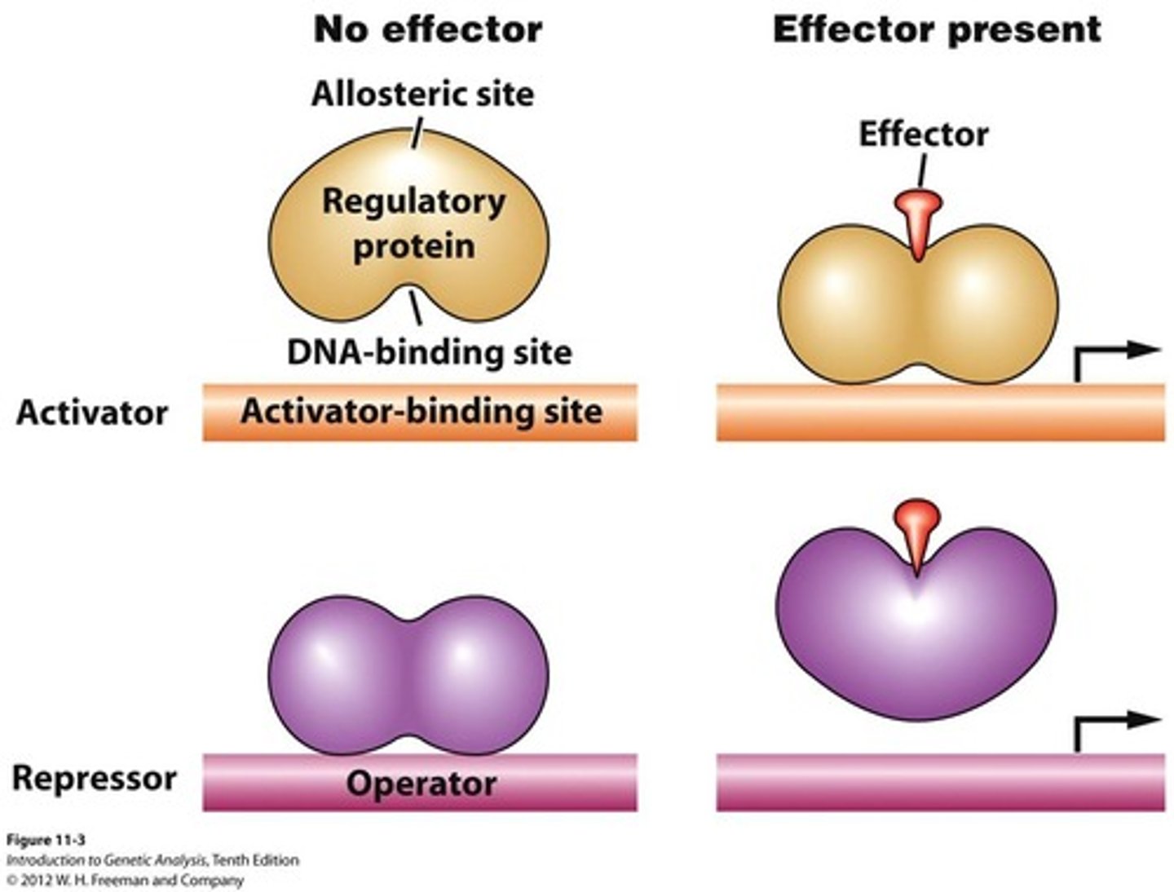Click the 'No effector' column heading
427,30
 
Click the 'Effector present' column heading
937,30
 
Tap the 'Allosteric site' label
422,94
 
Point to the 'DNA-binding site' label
429,352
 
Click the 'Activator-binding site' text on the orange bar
421,411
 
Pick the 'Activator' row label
92,413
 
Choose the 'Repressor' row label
94,778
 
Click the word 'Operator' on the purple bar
421,784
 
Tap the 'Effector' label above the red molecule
923,134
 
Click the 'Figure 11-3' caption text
46,841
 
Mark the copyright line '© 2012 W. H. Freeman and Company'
125,881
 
